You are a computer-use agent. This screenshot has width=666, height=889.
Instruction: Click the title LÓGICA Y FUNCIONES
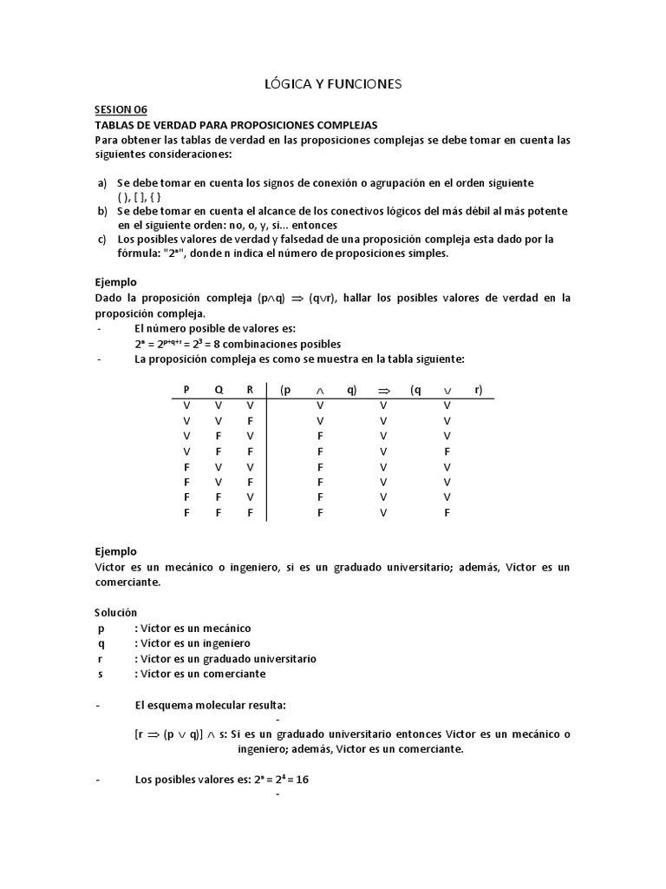tap(332, 84)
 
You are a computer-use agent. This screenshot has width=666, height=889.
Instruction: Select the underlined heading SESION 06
tap(121, 109)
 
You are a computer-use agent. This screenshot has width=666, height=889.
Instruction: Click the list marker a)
tap(101, 182)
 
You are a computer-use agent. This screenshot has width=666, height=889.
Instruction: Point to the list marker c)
tap(101, 239)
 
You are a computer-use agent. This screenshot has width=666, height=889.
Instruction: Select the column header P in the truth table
tap(186, 390)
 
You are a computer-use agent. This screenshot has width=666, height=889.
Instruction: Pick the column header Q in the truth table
tap(219, 390)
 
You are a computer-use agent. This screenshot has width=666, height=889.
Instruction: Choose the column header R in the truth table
tap(250, 390)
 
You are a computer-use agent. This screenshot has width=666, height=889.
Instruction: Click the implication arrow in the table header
tap(384, 391)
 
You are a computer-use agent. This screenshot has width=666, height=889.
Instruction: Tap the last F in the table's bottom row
tap(447, 513)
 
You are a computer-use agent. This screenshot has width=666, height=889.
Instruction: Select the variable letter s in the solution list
tap(101, 674)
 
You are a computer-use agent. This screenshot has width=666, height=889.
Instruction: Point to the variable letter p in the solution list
tap(101, 628)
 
